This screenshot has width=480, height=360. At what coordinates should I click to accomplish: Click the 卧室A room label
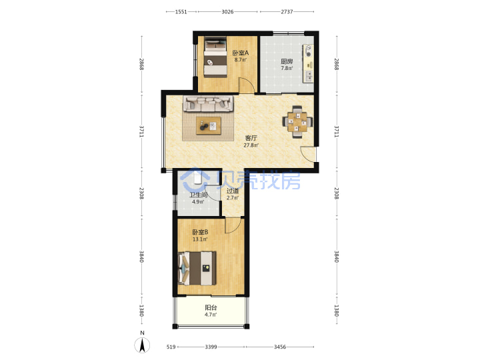tap(240, 53)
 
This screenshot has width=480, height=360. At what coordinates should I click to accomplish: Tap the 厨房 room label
tap(287, 61)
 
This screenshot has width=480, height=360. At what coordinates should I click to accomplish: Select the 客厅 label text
tap(251, 138)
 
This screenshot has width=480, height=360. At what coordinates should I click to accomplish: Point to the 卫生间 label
tap(199, 195)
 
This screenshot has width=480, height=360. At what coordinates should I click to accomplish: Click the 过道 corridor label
tap(233, 191)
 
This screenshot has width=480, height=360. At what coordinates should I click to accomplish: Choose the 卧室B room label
tap(200, 232)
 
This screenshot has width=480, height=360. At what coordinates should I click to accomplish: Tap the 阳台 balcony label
tap(211, 307)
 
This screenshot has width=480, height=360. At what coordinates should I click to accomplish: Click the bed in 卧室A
tap(215, 57)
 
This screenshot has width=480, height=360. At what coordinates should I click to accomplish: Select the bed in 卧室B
tap(197, 268)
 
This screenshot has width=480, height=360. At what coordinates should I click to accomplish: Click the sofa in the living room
tap(208, 104)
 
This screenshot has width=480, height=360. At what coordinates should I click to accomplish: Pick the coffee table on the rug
tap(209, 125)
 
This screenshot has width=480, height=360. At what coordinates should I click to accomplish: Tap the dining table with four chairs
tap(297, 122)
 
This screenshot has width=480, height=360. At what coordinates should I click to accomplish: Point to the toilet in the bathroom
tap(197, 178)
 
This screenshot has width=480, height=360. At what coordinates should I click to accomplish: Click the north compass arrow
tap(142, 345)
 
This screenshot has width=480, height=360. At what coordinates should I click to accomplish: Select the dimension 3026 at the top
tap(227, 11)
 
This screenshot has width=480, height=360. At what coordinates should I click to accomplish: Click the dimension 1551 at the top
tap(181, 11)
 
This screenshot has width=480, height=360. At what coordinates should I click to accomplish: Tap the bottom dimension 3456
tap(280, 347)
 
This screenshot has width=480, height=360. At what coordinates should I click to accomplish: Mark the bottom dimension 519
tap(171, 347)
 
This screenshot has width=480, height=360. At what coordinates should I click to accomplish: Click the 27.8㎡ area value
tap(251, 145)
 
